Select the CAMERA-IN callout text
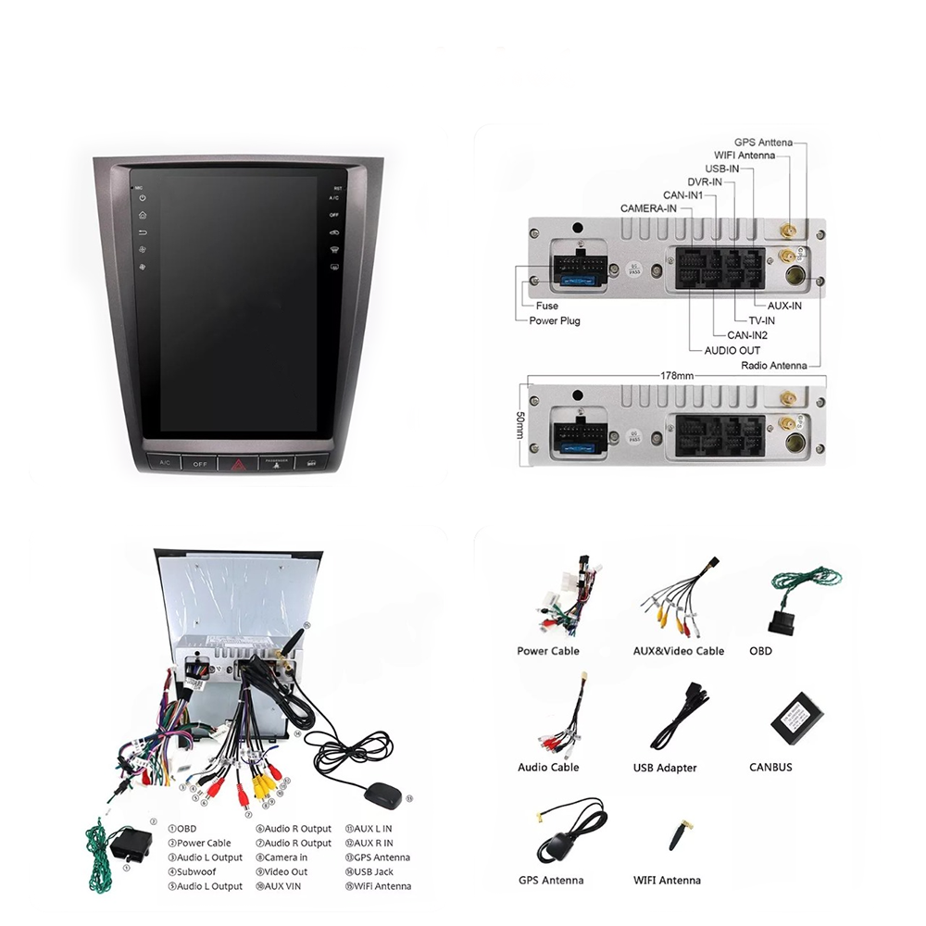[x=648, y=208]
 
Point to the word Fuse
[x=546, y=306]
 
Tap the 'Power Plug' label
[x=555, y=320]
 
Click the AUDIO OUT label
[x=732, y=350]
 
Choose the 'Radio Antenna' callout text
[x=773, y=365]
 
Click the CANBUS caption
[x=770, y=767]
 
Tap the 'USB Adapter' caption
[x=665, y=768]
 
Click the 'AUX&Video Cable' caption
[x=678, y=651]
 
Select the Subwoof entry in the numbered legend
[x=192, y=871]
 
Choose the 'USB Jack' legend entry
[x=373, y=871]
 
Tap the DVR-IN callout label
[x=705, y=182]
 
